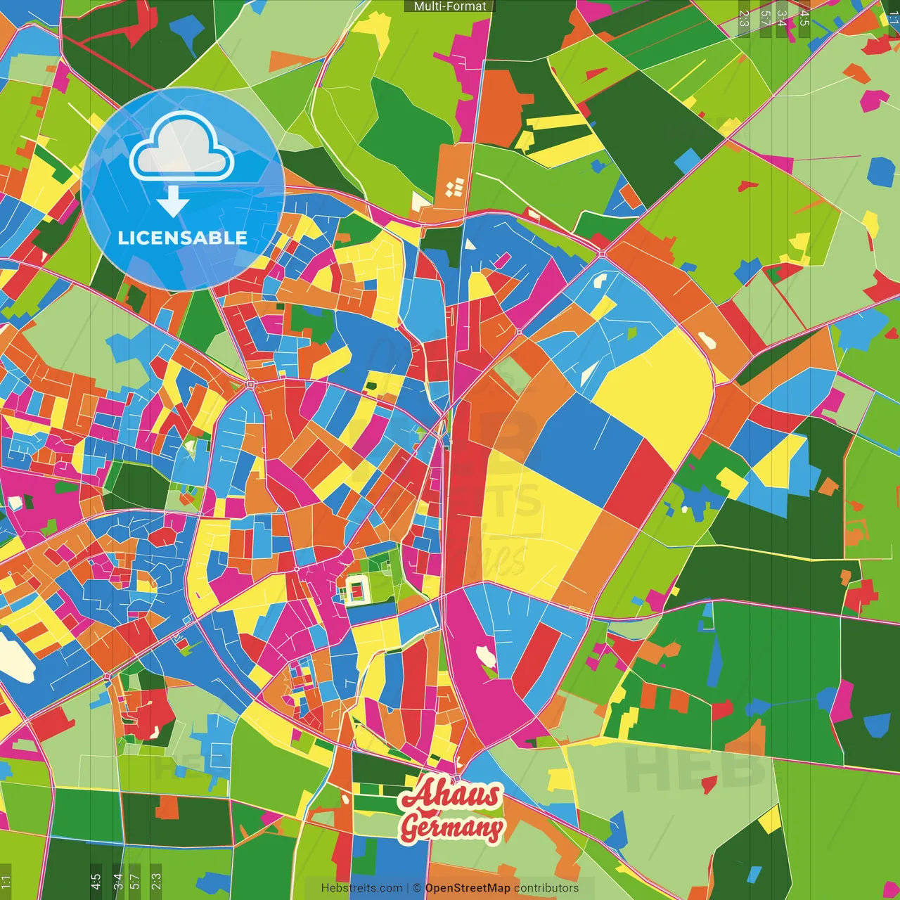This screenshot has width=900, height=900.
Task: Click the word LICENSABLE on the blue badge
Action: click(182, 238)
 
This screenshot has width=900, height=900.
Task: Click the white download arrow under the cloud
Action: click(173, 202)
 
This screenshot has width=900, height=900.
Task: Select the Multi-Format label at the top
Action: click(450, 6)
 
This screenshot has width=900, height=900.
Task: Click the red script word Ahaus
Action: click(451, 795)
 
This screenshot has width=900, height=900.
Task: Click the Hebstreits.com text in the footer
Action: click(361, 888)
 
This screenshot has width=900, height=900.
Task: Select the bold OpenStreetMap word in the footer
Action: click(468, 888)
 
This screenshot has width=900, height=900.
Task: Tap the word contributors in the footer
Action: click(546, 888)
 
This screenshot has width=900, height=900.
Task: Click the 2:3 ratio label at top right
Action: click(743, 18)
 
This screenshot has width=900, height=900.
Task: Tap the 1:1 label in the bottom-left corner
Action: click(6, 882)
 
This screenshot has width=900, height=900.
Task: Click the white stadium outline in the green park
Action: click(356, 589)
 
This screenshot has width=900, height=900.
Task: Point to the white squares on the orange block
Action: click(455, 188)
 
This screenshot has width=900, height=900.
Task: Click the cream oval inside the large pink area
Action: click(485, 656)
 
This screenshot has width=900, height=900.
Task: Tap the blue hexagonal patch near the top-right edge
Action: click(881, 171)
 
